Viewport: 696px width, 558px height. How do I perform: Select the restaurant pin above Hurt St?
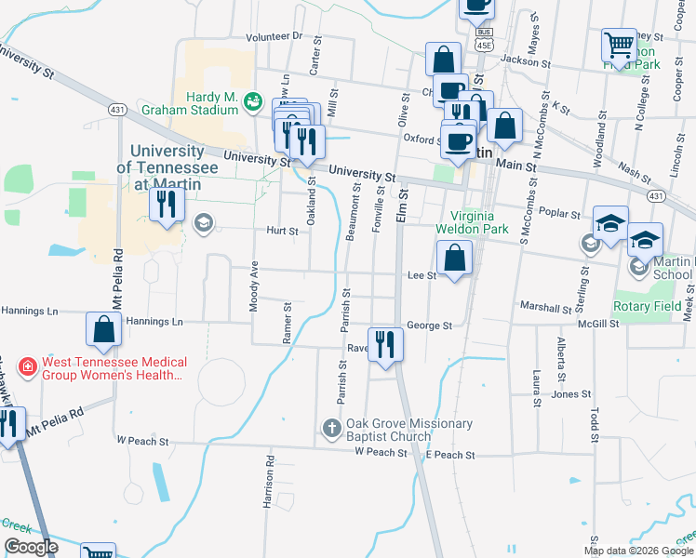pyautogui.click(x=167, y=204)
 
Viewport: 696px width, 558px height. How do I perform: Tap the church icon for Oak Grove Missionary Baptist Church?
pyautogui.click(x=330, y=429)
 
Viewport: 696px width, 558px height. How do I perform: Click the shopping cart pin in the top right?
pyautogui.click(x=618, y=44)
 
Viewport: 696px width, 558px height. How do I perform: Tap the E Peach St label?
pyautogui.click(x=450, y=456)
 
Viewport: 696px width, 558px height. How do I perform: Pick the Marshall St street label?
pyautogui.click(x=545, y=308)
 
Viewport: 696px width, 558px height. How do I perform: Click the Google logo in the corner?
pyautogui.click(x=32, y=547)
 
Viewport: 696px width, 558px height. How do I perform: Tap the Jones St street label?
pyautogui.click(x=565, y=394)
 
